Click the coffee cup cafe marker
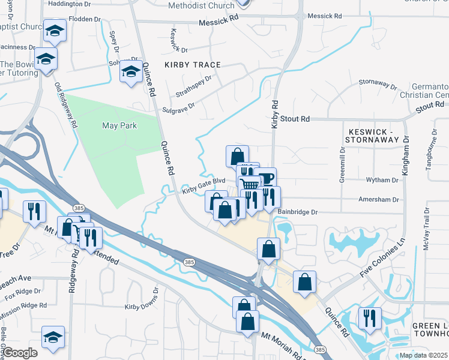click(x=265, y=178)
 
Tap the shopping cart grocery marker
click(x=249, y=184)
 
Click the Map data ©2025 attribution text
click(x=423, y=355)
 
